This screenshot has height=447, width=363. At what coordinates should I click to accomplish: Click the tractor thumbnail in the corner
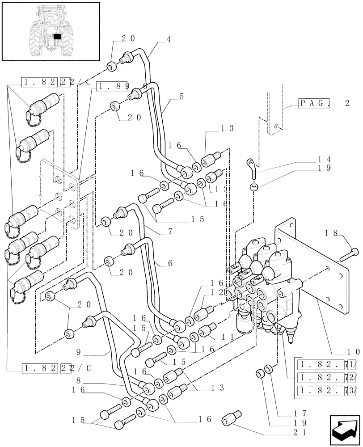pyautogui.click(x=51, y=31)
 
